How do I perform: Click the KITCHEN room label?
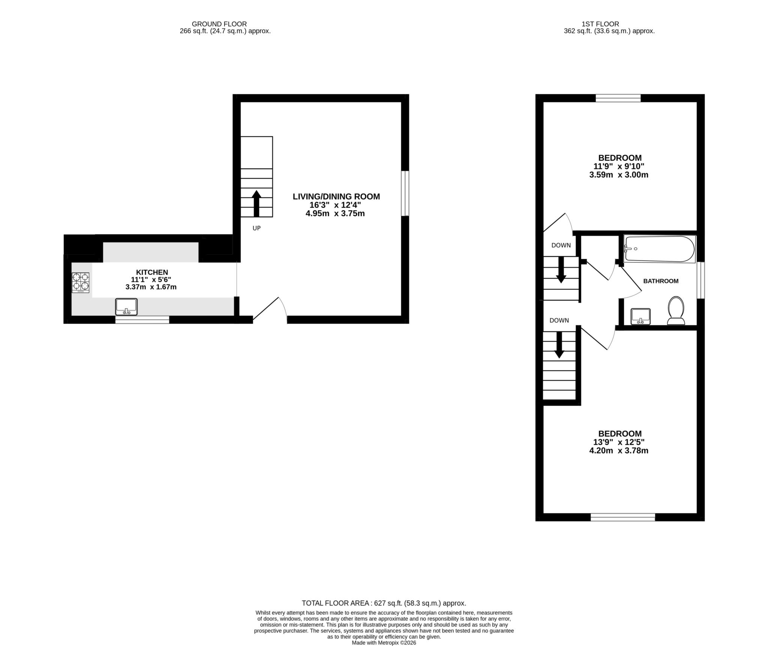152,272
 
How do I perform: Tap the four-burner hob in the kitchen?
81,283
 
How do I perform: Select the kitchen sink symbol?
126,307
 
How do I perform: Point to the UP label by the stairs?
256,228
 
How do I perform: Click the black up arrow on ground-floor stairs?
256,203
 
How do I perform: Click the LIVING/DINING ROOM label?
336,196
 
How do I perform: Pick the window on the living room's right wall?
405,193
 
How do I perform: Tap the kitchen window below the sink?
142,319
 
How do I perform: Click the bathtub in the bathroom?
659,249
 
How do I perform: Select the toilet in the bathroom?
676,310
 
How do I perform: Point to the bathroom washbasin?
640,316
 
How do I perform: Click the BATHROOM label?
661,281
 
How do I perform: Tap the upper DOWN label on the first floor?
561,245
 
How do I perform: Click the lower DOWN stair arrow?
559,345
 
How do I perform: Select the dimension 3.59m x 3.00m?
619,175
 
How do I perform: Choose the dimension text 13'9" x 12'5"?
619,442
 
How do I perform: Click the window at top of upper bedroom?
618,98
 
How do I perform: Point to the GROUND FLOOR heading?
219,24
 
